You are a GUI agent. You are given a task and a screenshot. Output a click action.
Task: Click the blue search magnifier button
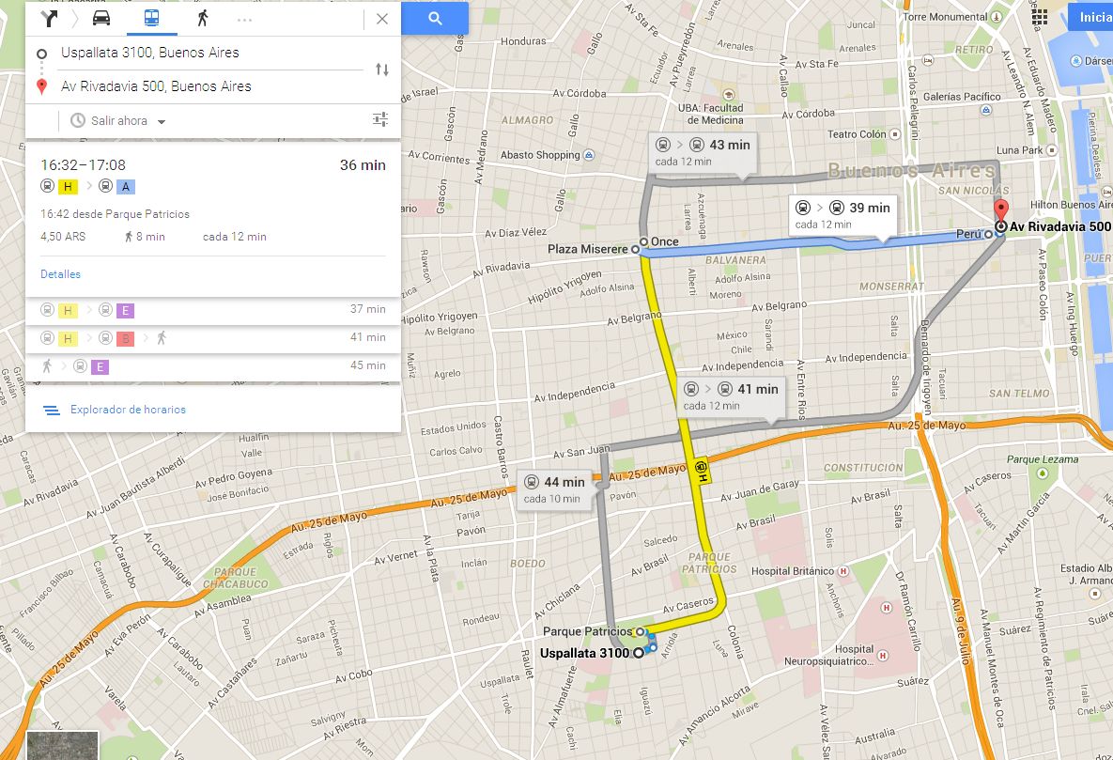[x=434, y=18]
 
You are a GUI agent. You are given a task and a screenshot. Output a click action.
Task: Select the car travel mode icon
[x=101, y=18]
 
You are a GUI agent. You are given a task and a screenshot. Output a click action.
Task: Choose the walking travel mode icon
[x=202, y=18]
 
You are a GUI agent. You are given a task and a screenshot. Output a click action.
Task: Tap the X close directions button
[x=381, y=19]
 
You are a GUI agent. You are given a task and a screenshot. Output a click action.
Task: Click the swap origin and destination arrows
[x=381, y=70]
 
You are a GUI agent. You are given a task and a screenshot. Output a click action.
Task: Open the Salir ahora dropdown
[x=118, y=121]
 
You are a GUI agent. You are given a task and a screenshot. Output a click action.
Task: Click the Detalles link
[x=60, y=274]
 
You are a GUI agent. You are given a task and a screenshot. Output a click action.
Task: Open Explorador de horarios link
[x=128, y=410]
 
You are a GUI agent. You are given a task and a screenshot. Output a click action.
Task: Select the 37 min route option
[x=213, y=310]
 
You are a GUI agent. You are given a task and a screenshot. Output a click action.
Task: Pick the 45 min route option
[x=213, y=366]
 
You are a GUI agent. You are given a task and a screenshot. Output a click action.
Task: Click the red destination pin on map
[x=1001, y=211]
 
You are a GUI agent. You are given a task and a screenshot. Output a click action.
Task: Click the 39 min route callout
[x=842, y=214]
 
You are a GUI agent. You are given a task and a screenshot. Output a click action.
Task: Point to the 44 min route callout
[x=554, y=489]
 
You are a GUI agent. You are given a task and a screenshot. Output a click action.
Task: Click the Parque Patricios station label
[x=588, y=631]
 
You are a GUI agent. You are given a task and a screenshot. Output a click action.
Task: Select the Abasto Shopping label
[x=540, y=155]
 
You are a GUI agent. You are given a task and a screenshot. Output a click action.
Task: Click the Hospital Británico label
[x=793, y=571]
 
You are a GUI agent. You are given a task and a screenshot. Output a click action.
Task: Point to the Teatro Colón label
[x=857, y=134]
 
